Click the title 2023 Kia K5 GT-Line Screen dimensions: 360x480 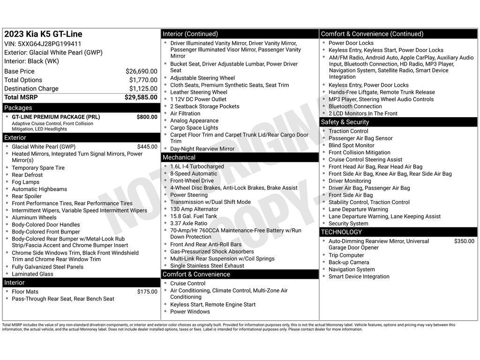point(43,34)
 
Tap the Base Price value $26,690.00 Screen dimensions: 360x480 point(141,71)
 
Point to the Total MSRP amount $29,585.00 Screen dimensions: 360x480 point(141,97)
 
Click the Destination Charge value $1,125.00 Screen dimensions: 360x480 point(143,89)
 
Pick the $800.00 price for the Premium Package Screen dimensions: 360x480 point(147,117)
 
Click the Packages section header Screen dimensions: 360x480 point(18,108)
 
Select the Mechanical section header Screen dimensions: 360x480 point(179,157)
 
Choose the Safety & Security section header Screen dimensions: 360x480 point(345,122)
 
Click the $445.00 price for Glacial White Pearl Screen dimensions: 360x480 point(147,147)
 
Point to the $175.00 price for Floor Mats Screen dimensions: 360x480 point(147,292)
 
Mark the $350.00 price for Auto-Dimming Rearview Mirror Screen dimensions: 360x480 point(464,241)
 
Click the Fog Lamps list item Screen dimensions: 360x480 point(26,182)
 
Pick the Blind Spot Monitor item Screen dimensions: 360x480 point(352,145)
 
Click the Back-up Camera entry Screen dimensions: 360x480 point(349,262)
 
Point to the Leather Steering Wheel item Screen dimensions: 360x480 point(199,92)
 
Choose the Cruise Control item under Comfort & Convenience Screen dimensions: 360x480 point(187,284)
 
